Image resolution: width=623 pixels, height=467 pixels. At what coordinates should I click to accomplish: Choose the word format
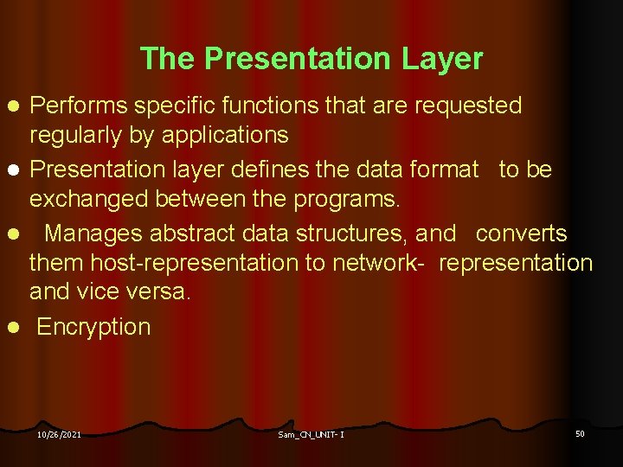[444, 170]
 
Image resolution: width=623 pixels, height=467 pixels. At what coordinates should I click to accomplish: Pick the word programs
[346, 200]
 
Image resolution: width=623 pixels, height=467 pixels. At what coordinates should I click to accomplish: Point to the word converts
[522, 233]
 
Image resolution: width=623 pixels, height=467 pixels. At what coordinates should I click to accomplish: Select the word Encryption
[93, 327]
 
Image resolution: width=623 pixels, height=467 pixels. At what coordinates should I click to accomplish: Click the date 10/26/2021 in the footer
[59, 434]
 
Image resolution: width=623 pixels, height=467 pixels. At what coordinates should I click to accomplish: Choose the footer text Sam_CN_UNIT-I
[311, 434]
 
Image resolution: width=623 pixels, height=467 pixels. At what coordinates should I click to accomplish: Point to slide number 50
[580, 433]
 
